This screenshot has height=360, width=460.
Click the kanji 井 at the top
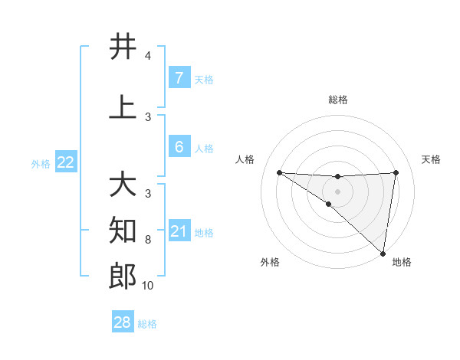tap(123, 47)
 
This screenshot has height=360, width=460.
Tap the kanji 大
tap(123, 185)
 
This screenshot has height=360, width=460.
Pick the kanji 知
tap(123, 230)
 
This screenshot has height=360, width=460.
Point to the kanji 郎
tap(123, 277)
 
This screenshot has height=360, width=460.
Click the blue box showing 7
tap(179, 77)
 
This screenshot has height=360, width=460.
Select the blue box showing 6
tap(179, 146)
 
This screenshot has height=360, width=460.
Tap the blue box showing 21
tap(179, 231)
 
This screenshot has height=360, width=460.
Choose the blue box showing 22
tap(65, 162)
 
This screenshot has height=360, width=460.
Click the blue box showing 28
tap(123, 322)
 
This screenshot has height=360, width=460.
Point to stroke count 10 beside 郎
tap(148, 286)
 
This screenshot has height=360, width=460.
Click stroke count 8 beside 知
tap(148, 240)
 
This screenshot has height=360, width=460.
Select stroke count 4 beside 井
tap(148, 56)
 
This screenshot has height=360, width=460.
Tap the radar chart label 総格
tap(337, 100)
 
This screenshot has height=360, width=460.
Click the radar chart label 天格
tap(432, 159)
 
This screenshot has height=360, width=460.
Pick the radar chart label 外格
tap(270, 262)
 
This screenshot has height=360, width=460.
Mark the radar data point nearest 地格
tap(383, 253)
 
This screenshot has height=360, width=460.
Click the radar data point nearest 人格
tap(279, 172)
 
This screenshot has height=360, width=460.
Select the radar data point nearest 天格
tap(396, 172)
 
